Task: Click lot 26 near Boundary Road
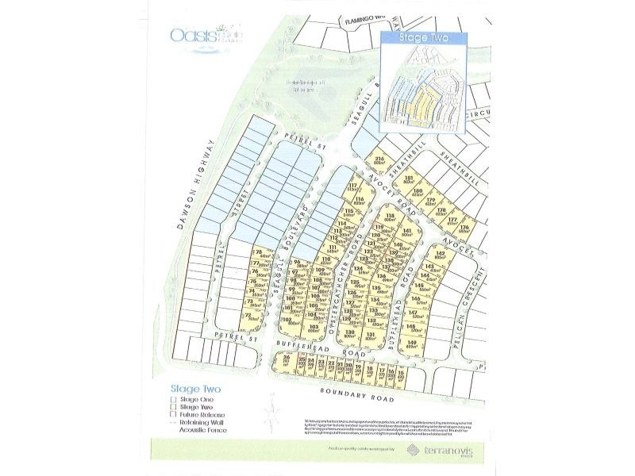[x=287, y=363]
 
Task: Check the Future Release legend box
[x=172, y=415]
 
